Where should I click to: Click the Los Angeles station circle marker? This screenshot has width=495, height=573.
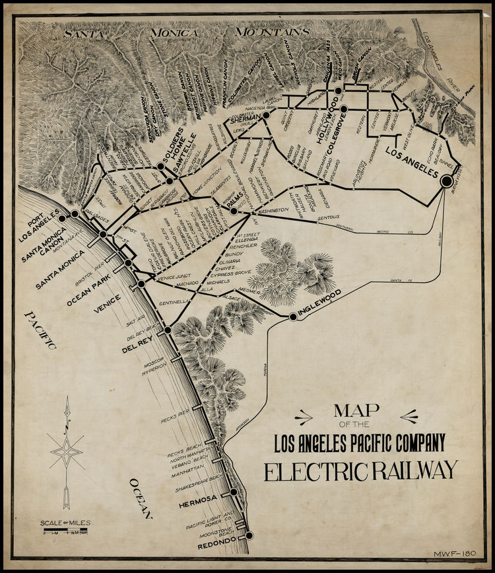[x=446, y=180]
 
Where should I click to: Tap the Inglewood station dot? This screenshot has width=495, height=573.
[x=292, y=317]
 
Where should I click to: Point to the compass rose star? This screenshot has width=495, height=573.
[x=67, y=453]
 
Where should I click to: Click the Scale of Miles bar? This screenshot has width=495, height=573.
[x=64, y=531]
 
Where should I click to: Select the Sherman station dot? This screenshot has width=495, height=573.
[x=266, y=115]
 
